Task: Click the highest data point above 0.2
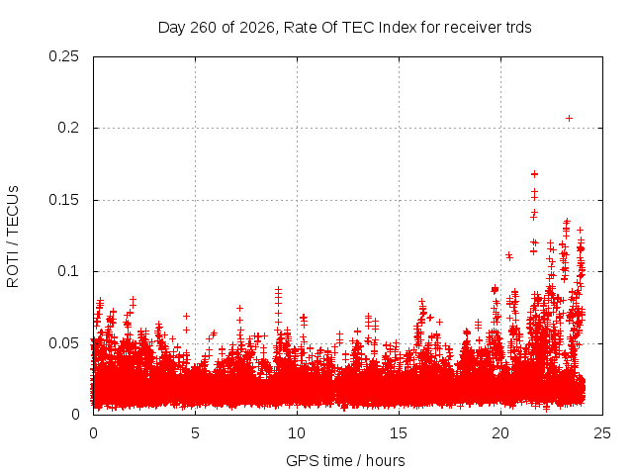[569, 119]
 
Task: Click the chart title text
[345, 28]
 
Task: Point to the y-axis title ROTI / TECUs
[13, 237]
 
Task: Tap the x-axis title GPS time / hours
[345, 460]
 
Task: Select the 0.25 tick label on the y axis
[63, 56]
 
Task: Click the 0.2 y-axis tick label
[68, 128]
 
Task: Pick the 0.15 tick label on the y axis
[63, 200]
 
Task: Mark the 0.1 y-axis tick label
[68, 271]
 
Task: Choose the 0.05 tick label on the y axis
[63, 343]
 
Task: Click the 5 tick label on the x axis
[196, 433]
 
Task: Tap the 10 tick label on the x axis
[297, 433]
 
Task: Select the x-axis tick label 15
[399, 433]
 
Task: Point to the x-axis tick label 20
[500, 433]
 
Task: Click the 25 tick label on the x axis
[602, 433]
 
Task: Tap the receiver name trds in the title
[518, 28]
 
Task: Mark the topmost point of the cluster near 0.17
[534, 174]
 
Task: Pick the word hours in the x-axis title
[386, 460]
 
